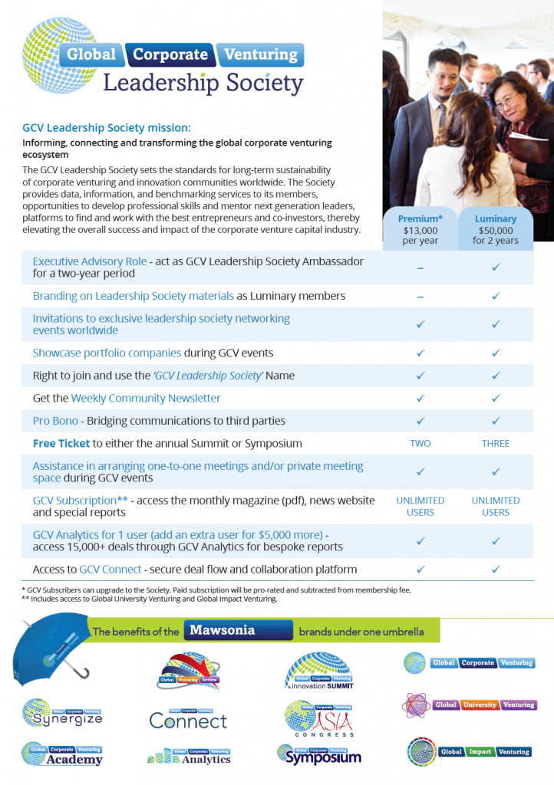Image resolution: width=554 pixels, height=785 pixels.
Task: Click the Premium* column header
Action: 420,218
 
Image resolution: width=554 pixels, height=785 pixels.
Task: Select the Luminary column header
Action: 495,218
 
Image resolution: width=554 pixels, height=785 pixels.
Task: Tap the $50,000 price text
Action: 495,229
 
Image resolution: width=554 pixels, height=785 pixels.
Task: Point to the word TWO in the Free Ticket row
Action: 420,443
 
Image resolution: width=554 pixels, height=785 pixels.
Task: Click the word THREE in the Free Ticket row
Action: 495,443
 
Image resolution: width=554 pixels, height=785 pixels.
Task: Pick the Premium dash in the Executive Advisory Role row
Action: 420,268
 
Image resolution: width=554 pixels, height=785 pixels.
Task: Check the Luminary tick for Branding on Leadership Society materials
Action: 495,296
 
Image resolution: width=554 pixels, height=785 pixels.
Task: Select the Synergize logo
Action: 62,714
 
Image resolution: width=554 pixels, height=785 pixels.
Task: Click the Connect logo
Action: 188,718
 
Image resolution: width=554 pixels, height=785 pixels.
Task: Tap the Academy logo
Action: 62,754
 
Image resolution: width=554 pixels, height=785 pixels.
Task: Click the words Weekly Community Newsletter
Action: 146,398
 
